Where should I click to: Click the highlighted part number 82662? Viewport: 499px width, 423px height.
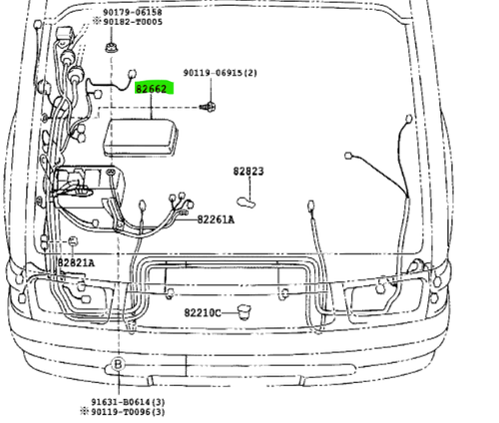[x=151, y=89]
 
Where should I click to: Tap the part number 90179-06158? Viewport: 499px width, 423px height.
[x=133, y=12]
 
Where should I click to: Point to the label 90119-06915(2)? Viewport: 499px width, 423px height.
[x=220, y=73]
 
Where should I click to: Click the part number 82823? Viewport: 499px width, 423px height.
[x=249, y=171]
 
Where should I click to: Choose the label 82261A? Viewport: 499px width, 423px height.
[x=216, y=219]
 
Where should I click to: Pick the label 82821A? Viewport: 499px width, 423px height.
[x=76, y=263]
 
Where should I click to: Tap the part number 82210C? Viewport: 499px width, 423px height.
[x=203, y=313]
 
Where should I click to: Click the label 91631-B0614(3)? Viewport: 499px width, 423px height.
[x=128, y=402]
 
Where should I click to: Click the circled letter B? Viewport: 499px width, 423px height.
[x=118, y=364]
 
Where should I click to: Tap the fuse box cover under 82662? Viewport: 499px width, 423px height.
[x=140, y=137]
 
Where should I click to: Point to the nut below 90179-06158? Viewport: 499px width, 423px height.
[x=111, y=47]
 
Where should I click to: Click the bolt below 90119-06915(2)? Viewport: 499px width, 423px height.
[x=208, y=107]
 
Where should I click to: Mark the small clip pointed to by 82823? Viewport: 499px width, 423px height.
[x=247, y=203]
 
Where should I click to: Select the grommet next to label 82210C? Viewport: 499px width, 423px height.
[x=245, y=313]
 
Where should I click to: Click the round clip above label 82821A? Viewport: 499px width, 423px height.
[x=73, y=241]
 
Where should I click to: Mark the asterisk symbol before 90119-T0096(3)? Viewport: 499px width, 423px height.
[x=85, y=412]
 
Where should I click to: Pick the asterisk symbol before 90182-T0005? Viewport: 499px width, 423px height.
[x=97, y=22]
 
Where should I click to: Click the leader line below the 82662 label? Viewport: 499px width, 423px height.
[x=152, y=107]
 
